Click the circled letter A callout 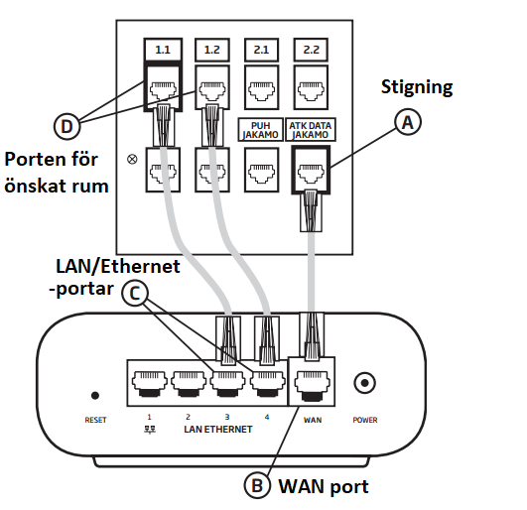(407, 122)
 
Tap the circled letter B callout (257, 485)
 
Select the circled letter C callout (134, 293)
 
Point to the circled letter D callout (66, 126)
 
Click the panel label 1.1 (163, 50)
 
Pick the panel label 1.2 (212, 50)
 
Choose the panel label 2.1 (261, 50)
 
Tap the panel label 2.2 (311, 50)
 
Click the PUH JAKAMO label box (260, 130)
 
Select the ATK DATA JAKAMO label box (311, 130)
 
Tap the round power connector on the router (364, 383)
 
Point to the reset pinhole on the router (95, 396)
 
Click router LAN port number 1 (150, 383)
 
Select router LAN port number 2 (189, 383)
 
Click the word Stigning (417, 87)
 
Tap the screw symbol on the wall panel (132, 159)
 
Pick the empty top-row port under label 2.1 (261, 87)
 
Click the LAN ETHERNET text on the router (218, 429)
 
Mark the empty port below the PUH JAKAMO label (261, 170)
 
